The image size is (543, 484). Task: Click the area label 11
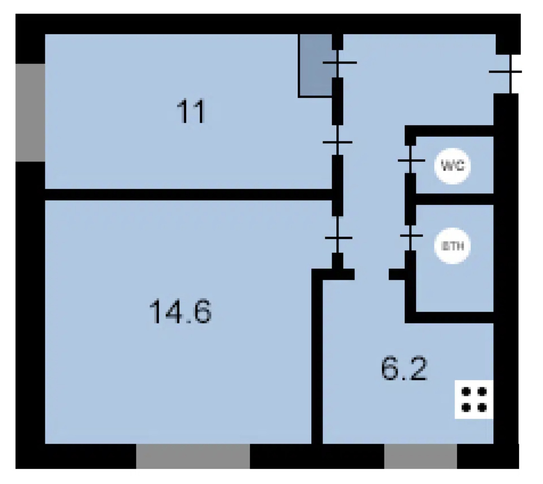(191, 111)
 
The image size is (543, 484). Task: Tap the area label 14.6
(180, 311)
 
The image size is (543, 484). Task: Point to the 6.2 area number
(404, 369)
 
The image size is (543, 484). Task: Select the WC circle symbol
(452, 166)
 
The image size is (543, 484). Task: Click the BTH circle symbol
(452, 246)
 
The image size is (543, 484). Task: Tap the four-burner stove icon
(474, 399)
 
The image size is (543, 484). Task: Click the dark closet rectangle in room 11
(315, 66)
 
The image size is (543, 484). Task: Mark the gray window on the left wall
(30, 112)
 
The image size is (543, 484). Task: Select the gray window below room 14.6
(193, 456)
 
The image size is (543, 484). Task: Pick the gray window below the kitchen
(420, 456)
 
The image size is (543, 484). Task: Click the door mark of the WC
(411, 160)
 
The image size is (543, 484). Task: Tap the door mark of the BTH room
(411, 236)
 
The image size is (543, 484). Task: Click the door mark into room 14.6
(338, 238)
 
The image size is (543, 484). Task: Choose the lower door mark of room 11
(338, 142)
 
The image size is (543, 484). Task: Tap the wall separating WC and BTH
(454, 199)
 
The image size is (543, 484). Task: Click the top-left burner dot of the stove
(466, 392)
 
